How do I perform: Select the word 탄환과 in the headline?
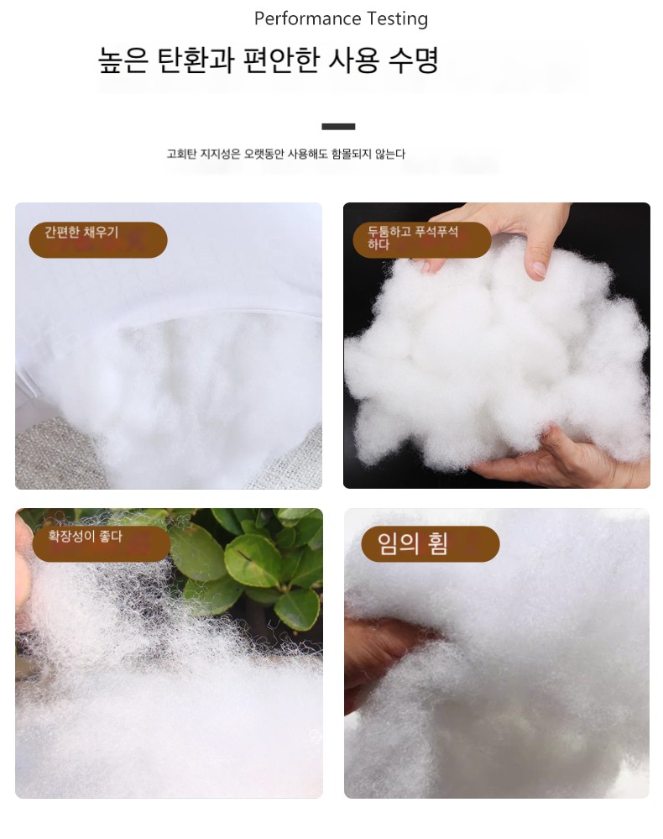tap(196, 60)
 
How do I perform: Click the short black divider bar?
tap(338, 127)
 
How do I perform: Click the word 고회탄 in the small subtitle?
tap(182, 154)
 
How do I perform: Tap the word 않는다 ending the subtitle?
tap(390, 154)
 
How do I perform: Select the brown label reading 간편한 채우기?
tap(98, 239)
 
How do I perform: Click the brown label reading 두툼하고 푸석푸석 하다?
tap(422, 239)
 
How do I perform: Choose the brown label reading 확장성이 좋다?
tap(102, 543)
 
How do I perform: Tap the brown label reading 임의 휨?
tap(431, 543)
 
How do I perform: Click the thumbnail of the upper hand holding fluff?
tap(508, 235)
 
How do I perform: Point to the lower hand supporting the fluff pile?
tap(561, 458)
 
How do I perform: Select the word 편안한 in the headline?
tap(281, 60)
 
